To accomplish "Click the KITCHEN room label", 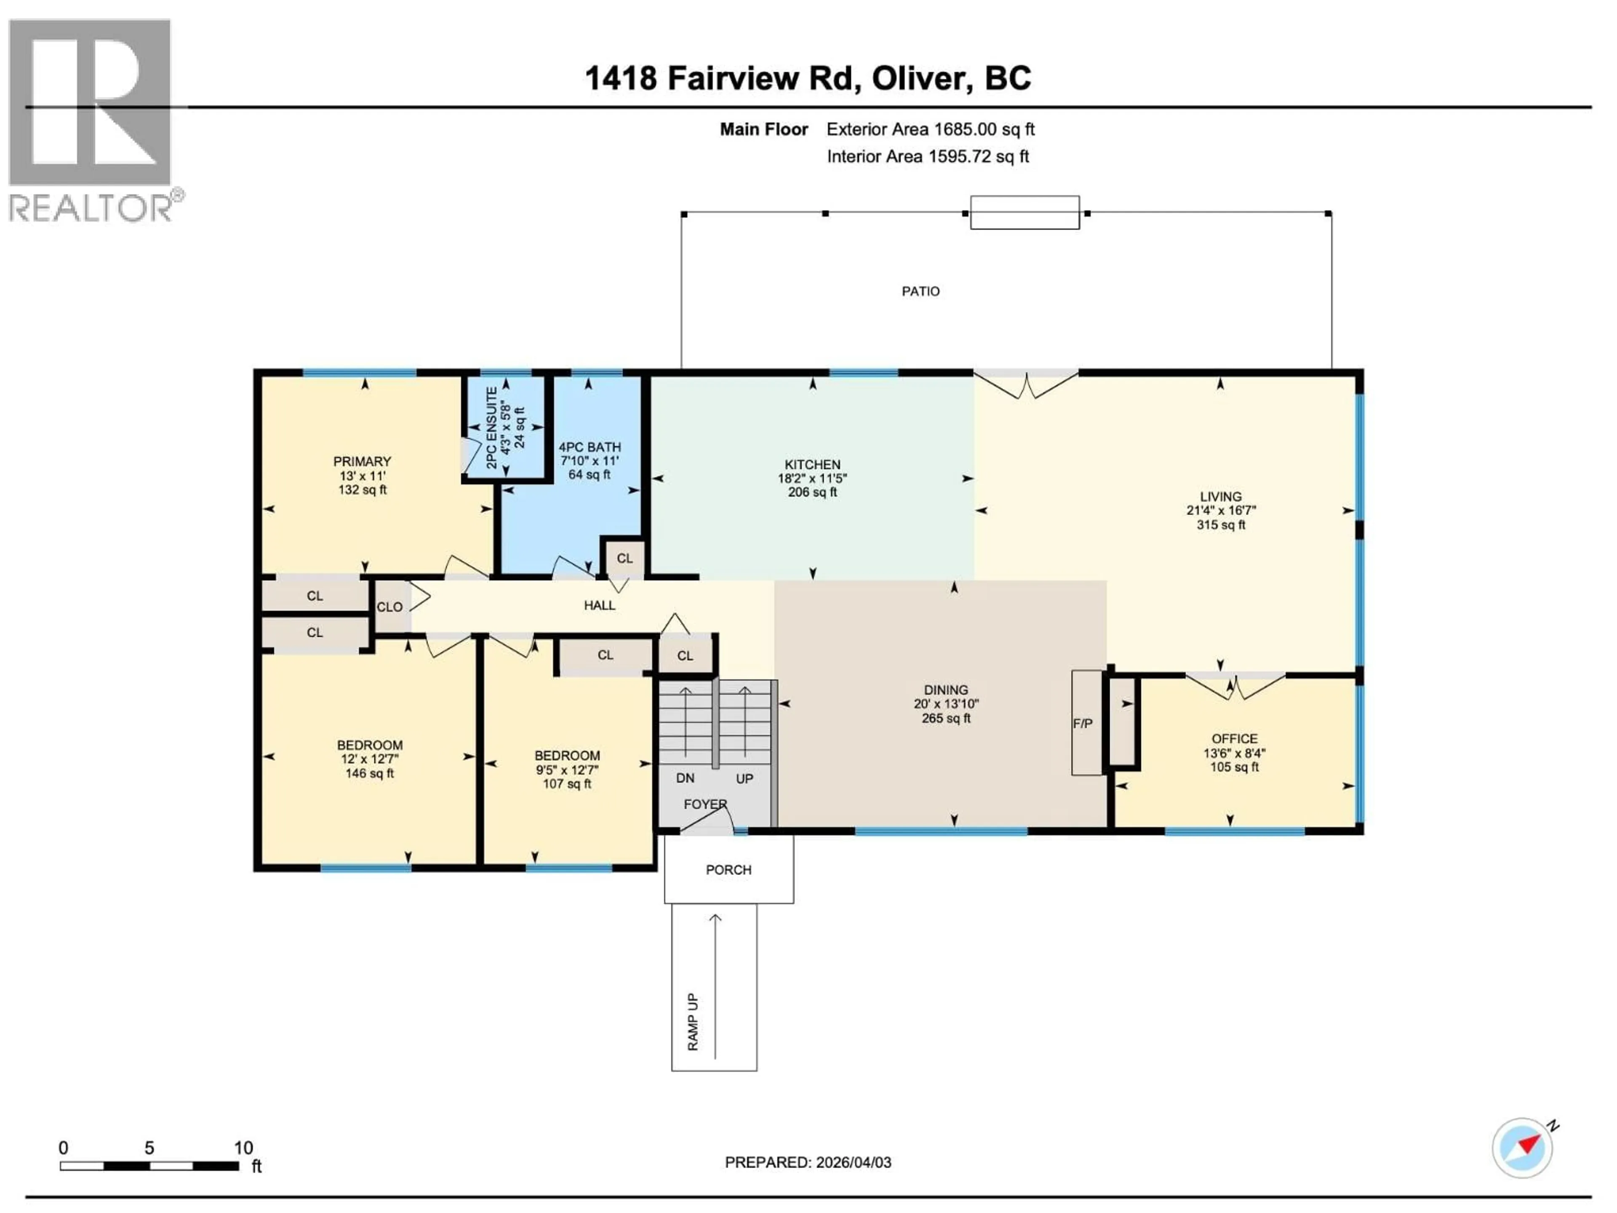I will pyautogui.click(x=812, y=464).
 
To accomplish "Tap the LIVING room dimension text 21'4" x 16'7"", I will pyautogui.click(x=1221, y=510).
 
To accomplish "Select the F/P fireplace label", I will pyautogui.click(x=1083, y=723).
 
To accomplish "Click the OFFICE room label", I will pyautogui.click(x=1234, y=738).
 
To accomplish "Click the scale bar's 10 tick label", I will pyautogui.click(x=243, y=1147).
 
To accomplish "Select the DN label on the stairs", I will pyautogui.click(x=685, y=778).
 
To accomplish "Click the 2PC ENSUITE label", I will pyautogui.click(x=492, y=428).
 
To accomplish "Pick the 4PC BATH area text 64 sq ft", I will pyautogui.click(x=589, y=475).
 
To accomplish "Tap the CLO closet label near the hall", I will pyautogui.click(x=390, y=607).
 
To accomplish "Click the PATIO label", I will pyautogui.click(x=921, y=291).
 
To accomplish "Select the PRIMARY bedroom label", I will pyautogui.click(x=362, y=461).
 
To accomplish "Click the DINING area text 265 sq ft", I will pyautogui.click(x=946, y=718).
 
